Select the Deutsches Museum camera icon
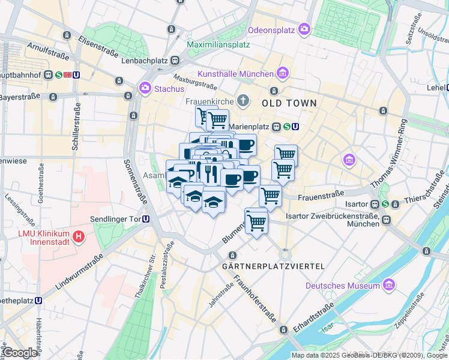pos(389,284)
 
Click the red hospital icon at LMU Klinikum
pos(77,237)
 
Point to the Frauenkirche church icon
pos(243,100)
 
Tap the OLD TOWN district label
pos(289,103)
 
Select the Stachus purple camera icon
pos(145,89)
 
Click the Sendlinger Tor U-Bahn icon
pos(146,219)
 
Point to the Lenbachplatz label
pos(144,61)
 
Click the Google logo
pos(20,353)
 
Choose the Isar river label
pos(327,328)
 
